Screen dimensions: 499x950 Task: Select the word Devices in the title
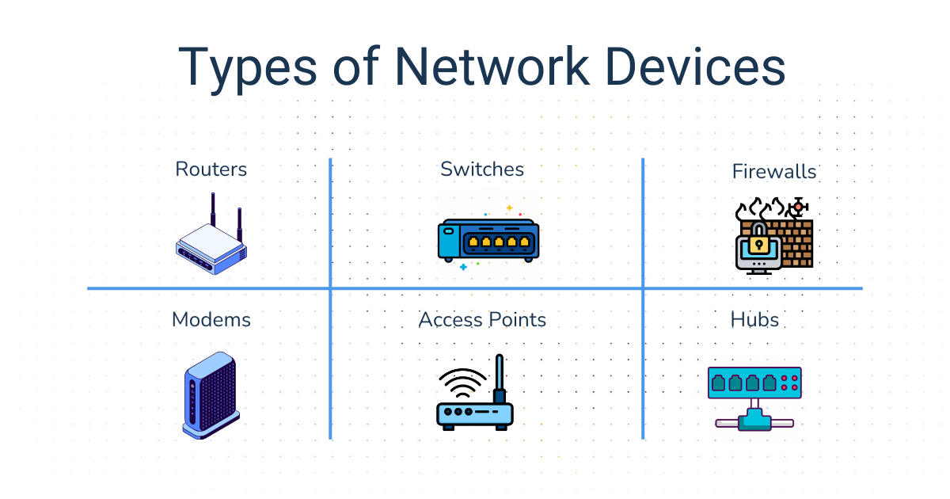point(697,67)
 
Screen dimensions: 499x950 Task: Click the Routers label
point(211,169)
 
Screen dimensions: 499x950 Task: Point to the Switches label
point(482,169)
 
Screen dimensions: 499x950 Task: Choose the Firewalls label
point(773,171)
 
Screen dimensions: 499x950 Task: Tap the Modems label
point(211,319)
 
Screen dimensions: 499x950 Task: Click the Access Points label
point(482,319)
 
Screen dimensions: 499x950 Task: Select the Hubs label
point(754,319)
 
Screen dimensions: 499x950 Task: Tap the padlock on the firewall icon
point(758,239)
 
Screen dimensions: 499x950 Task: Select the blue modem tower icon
point(210,394)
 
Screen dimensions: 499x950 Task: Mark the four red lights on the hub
point(789,383)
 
